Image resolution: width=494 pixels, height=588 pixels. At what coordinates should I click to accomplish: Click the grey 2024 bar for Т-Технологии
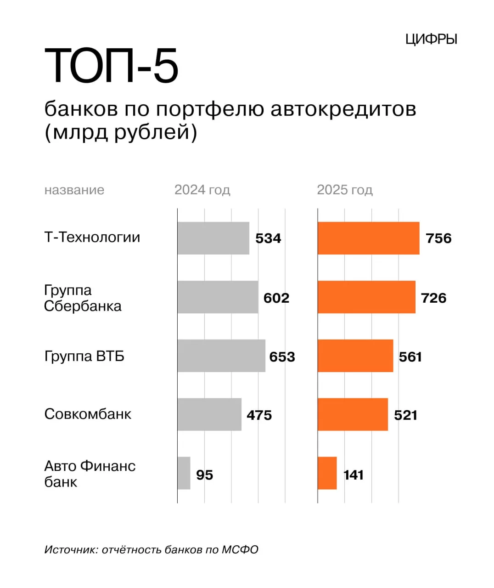[213, 238]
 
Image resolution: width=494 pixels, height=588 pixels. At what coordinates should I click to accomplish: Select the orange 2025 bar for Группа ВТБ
[355, 356]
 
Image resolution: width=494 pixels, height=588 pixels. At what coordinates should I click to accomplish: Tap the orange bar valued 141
[327, 473]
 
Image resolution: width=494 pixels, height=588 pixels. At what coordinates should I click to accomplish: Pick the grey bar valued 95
[184, 473]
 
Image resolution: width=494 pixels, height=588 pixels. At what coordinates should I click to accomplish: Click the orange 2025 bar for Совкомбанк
[353, 414]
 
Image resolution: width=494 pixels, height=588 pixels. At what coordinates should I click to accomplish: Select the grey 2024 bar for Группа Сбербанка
[218, 297]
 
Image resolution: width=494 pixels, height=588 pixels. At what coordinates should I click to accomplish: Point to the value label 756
[438, 238]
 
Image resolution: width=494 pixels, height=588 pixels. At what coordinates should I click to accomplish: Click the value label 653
[282, 357]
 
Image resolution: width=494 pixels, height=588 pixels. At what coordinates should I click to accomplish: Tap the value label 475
[259, 415]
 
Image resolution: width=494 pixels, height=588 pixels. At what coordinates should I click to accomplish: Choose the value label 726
[433, 298]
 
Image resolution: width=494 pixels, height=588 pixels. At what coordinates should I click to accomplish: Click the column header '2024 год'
[202, 190]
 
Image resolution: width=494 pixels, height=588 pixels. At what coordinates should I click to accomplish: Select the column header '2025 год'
[345, 190]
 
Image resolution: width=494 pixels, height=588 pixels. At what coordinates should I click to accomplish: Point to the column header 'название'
[74, 190]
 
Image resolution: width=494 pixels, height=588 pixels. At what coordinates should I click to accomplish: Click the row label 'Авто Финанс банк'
[90, 474]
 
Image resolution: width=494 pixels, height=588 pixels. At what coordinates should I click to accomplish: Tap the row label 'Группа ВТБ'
[84, 356]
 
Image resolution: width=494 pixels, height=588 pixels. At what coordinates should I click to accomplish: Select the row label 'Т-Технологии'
[92, 237]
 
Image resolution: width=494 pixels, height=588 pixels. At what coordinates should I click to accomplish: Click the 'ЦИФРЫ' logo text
[431, 40]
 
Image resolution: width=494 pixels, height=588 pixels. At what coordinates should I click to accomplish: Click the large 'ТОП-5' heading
[111, 66]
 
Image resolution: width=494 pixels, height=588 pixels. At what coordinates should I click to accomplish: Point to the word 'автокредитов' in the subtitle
[343, 109]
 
